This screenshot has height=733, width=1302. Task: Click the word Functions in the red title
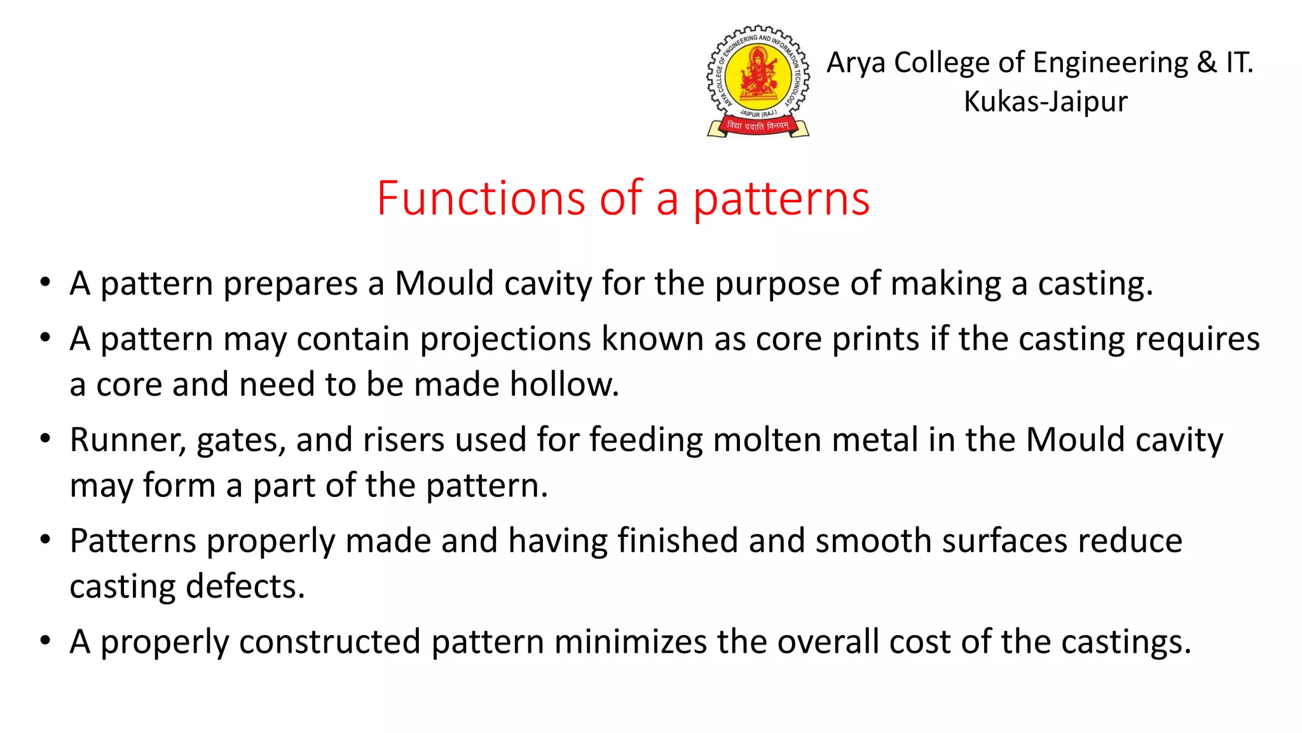coord(480,199)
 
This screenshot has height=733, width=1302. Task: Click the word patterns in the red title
coord(781,200)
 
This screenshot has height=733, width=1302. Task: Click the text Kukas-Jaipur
coord(1045,102)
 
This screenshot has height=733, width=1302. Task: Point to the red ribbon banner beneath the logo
coord(758,126)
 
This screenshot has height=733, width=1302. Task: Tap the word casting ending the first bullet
coord(1094,284)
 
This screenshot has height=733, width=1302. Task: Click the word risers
coord(403,440)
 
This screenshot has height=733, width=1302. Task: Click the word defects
coord(245,587)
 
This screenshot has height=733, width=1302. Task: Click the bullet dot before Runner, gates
coord(45,439)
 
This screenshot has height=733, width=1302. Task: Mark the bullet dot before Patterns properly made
coord(45,540)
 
